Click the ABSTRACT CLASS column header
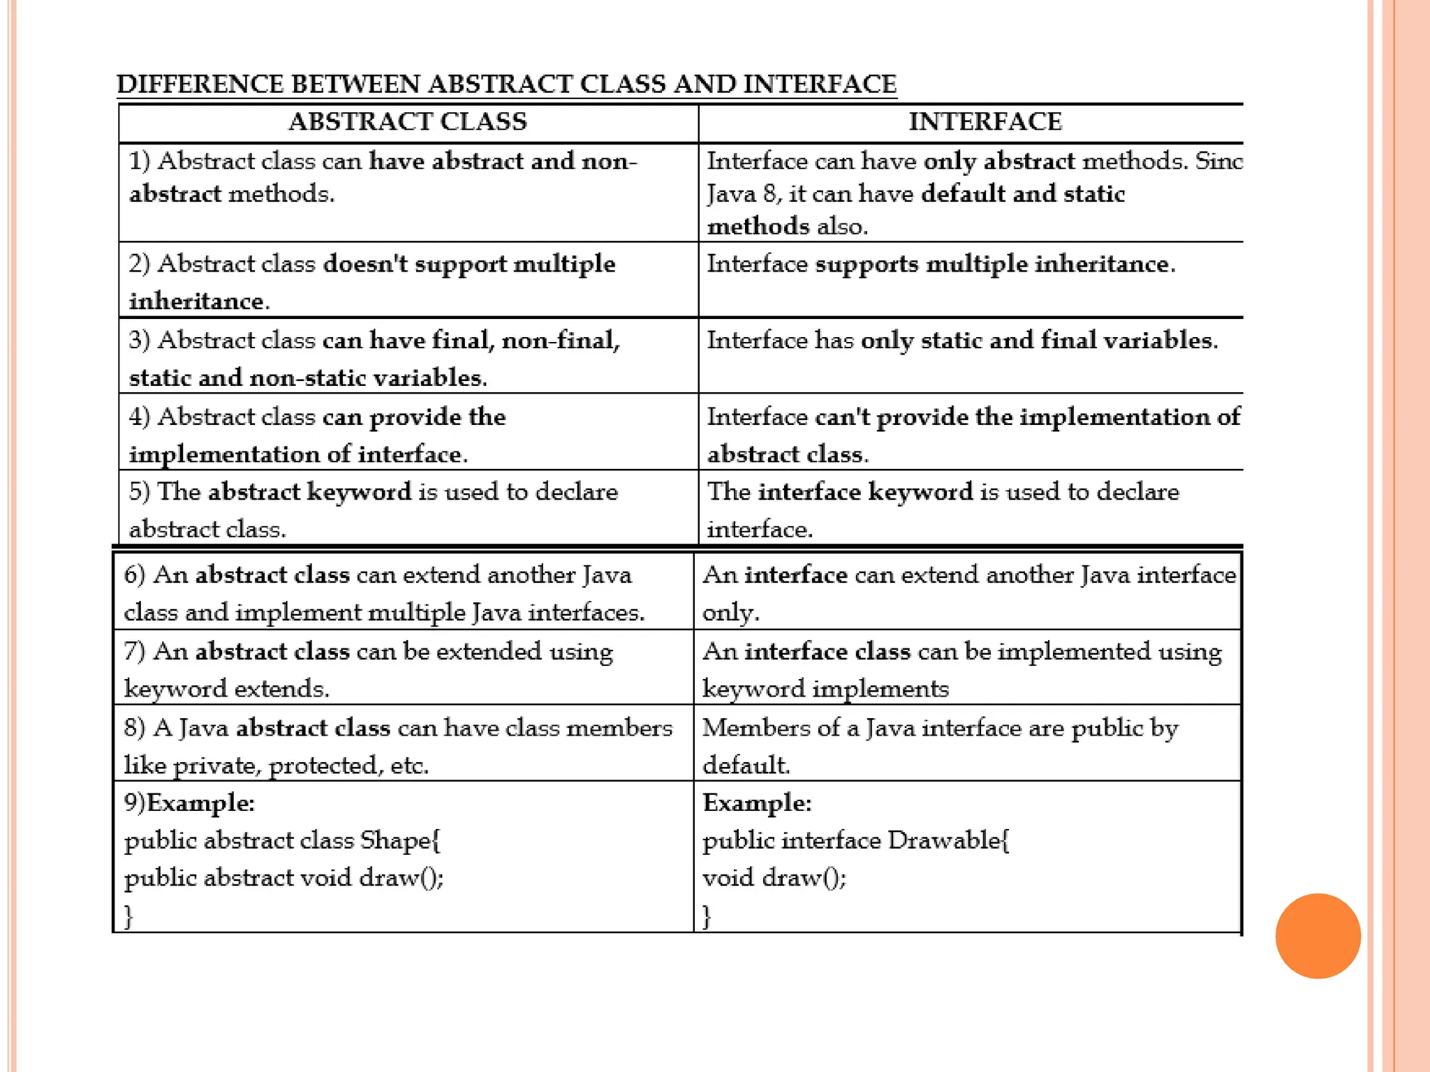point(408,122)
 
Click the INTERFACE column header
point(985,122)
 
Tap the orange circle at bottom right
point(1318,936)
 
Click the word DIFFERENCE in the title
point(200,84)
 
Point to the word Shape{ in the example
point(400,840)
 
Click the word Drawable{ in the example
point(948,840)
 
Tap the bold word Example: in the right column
point(757,803)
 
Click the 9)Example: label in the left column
point(189,803)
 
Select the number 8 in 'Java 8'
point(770,194)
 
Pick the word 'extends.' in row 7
point(281,689)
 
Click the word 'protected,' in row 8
point(326,766)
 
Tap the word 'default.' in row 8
point(746,766)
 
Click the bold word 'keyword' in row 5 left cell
point(359,492)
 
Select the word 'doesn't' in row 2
point(365,265)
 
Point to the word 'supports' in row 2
point(867,265)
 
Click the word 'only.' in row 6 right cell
point(730,613)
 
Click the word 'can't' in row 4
point(843,417)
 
